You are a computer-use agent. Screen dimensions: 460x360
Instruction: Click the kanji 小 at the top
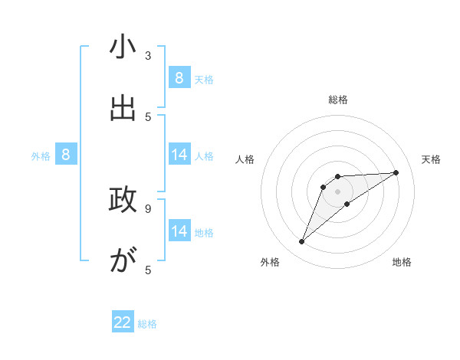(123, 47)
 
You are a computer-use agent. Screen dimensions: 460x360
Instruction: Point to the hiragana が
(123, 261)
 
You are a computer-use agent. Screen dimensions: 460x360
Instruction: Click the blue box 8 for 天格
(179, 77)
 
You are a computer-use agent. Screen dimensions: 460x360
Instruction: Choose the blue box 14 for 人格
(179, 155)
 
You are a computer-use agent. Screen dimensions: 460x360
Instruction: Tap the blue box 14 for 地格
(179, 231)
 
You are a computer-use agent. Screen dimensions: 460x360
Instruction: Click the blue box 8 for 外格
(66, 155)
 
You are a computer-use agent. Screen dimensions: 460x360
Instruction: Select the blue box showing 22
(123, 322)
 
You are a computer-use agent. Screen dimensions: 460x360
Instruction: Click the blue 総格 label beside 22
(147, 324)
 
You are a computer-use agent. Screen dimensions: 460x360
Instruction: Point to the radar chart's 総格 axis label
(338, 100)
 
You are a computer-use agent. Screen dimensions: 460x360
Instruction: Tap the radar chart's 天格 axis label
(432, 159)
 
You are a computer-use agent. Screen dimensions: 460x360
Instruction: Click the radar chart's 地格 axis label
(402, 262)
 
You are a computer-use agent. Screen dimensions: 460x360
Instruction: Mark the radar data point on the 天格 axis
(396, 172)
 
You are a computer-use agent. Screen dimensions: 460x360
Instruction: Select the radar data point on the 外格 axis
(302, 242)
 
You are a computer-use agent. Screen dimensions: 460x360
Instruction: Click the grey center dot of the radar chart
(337, 191)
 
